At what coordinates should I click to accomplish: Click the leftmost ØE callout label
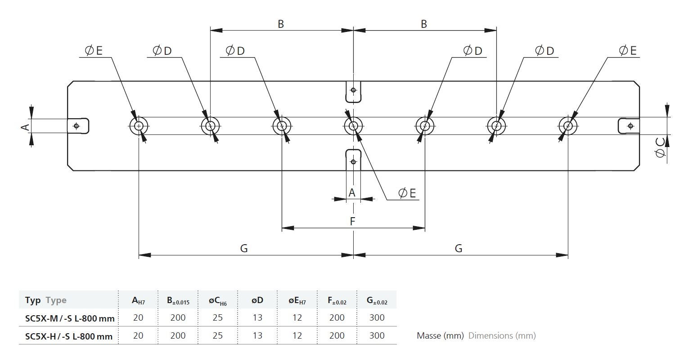click(x=94, y=50)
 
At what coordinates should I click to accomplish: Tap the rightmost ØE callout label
click(x=628, y=50)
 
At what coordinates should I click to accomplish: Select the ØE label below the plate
click(x=407, y=193)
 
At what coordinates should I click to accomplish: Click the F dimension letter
click(x=352, y=221)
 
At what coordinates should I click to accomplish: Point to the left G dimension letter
click(x=244, y=248)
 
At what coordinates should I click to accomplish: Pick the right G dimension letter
click(x=459, y=248)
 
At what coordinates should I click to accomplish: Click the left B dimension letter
click(x=281, y=24)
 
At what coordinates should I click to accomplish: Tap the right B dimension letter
click(x=424, y=24)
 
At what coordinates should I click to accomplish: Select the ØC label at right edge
click(x=660, y=147)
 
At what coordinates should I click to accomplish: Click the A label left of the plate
click(x=25, y=127)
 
